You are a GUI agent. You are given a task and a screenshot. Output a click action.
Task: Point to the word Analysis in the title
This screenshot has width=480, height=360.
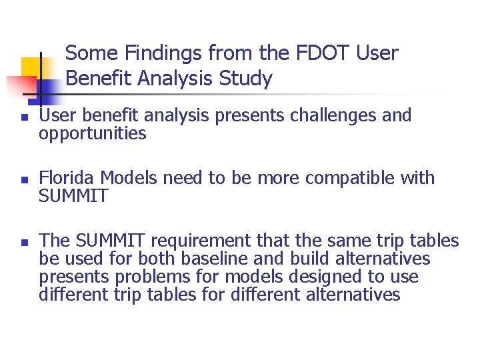click(x=177, y=79)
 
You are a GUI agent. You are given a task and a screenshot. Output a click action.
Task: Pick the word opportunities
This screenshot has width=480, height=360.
click(x=92, y=133)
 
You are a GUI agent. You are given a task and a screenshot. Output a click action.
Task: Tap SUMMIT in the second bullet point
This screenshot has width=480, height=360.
click(x=73, y=196)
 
